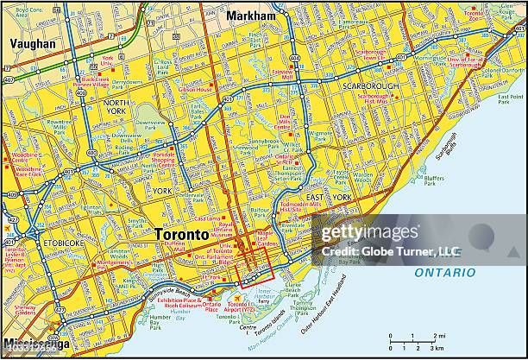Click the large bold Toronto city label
pyautogui.click(x=180, y=234)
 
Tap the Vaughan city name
pyautogui.click(x=32, y=43)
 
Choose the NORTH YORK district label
pyautogui.click(x=116, y=107)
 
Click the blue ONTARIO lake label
pyautogui.click(x=444, y=272)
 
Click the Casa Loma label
pyautogui.click(x=207, y=219)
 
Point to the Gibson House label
pyautogui.click(x=195, y=90)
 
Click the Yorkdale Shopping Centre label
pyautogui.click(x=165, y=159)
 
